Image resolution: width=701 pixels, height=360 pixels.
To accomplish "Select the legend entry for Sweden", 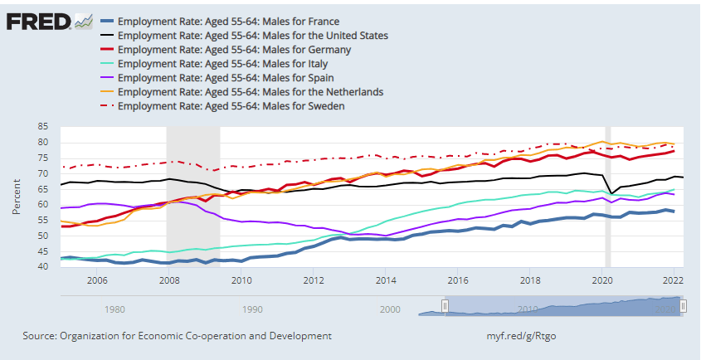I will [231, 105].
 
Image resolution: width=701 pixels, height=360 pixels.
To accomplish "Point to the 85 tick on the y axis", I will [43, 126].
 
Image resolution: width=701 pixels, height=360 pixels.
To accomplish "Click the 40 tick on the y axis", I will [43, 266].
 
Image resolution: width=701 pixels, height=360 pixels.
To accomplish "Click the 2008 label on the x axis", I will [169, 280].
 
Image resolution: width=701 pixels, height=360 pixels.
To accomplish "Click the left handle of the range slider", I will [445, 306].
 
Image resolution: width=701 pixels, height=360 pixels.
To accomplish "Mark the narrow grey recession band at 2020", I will [607, 196].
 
